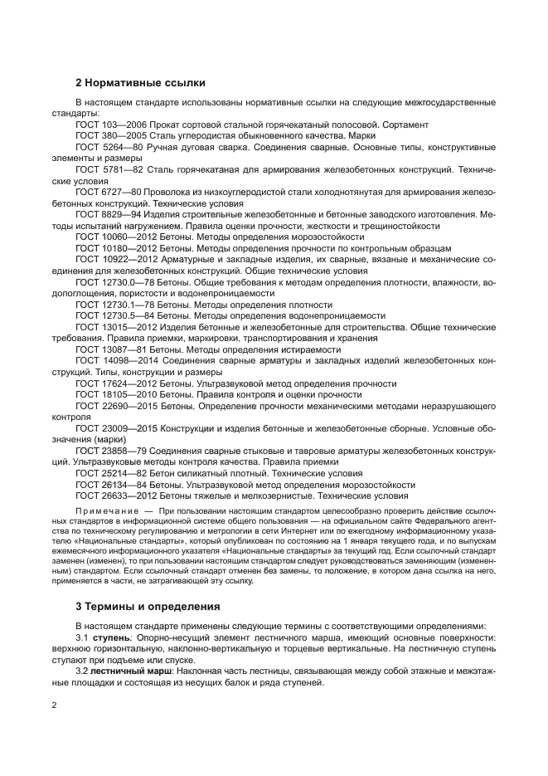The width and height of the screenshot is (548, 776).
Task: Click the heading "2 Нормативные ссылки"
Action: click(140, 83)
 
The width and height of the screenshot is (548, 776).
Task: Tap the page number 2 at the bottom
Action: click(54, 705)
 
